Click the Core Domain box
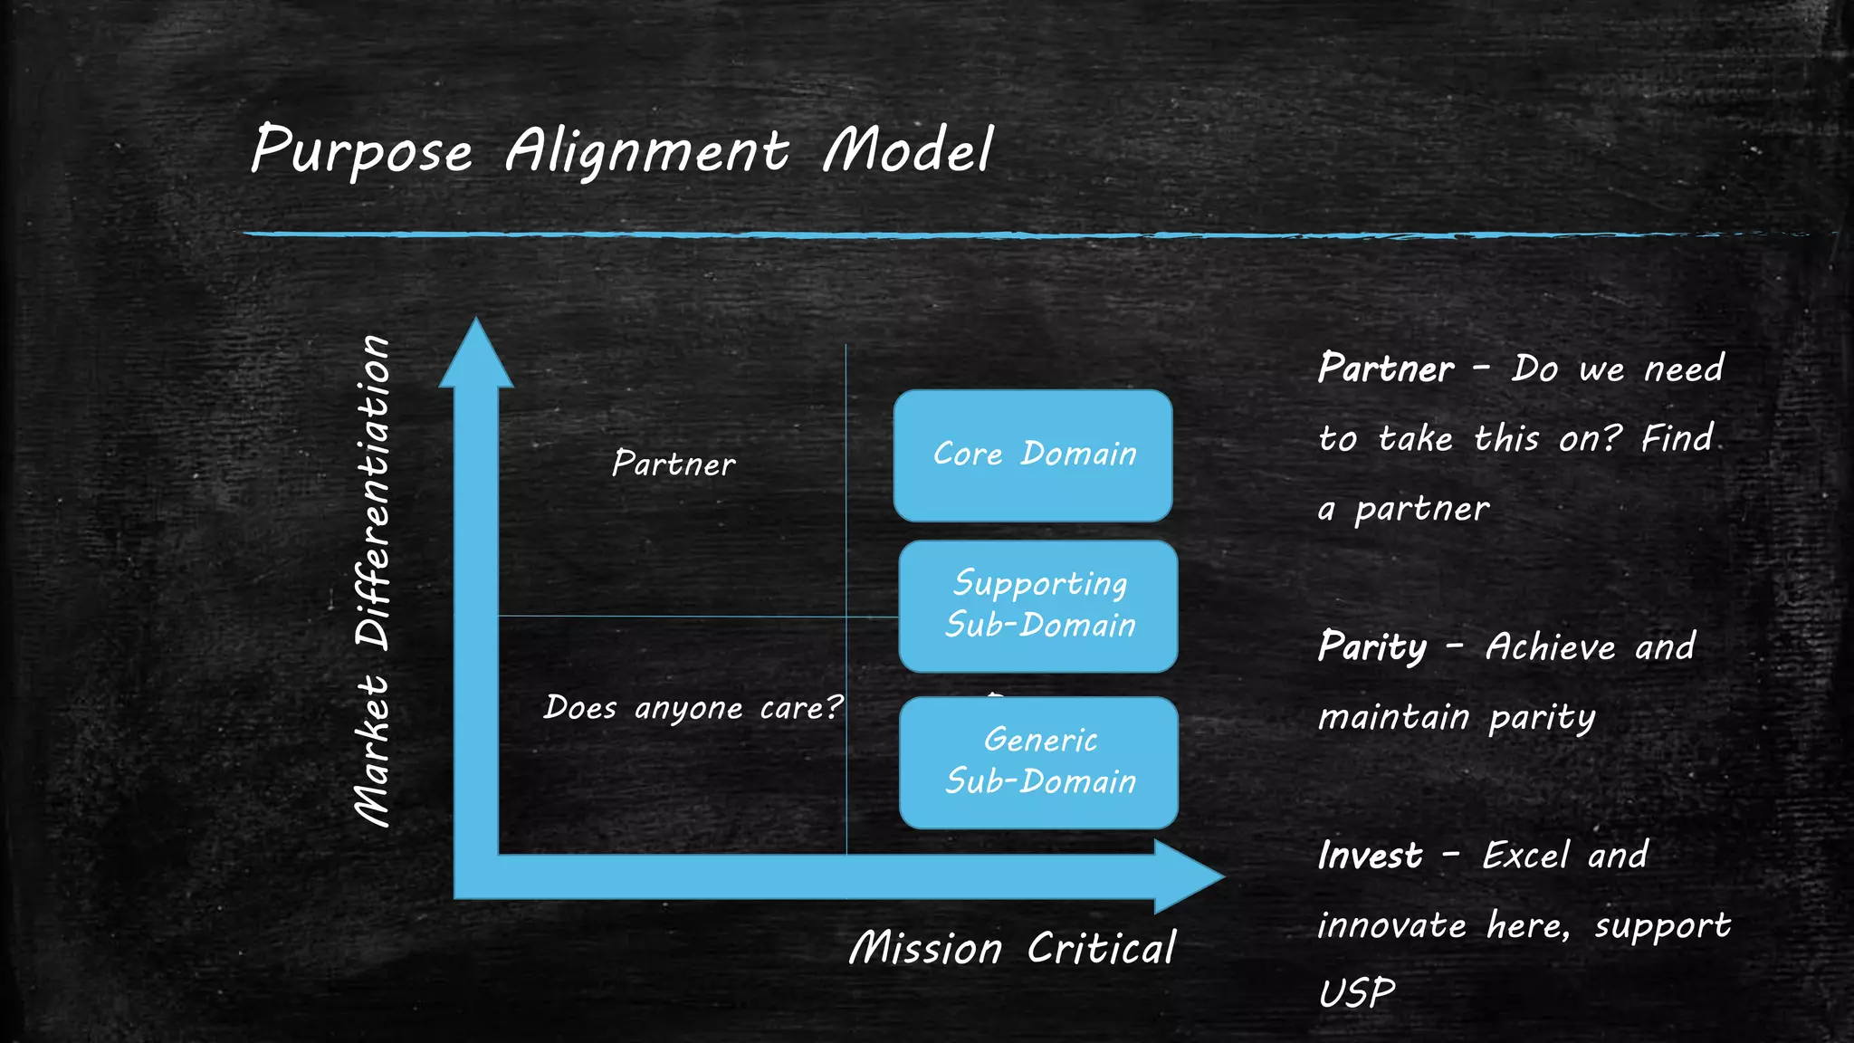1033,455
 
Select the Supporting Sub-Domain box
1038,606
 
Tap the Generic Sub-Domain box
1038,762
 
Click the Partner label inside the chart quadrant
674,464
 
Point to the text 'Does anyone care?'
693,707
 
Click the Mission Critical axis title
1012,948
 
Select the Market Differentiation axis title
372,580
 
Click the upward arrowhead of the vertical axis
476,355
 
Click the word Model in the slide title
908,150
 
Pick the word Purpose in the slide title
361,150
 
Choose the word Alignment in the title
646,150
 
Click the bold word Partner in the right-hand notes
1386,368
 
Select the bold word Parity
1372,647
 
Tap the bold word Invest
1370,856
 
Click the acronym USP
1356,993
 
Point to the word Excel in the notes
1525,856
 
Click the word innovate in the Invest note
1391,925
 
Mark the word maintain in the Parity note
1393,717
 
